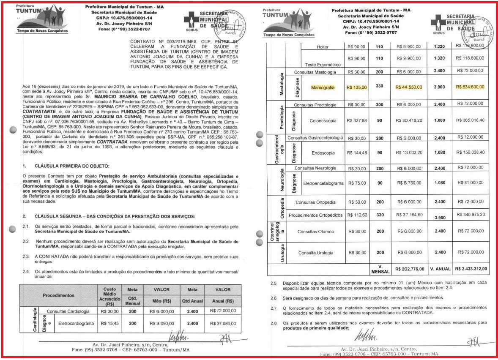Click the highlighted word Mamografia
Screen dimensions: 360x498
[x=323, y=87]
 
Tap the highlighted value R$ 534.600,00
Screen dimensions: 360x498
[x=470, y=87]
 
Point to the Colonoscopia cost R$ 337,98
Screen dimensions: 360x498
[x=356, y=120]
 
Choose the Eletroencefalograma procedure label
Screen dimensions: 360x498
[x=323, y=183]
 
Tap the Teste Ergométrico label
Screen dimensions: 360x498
[x=323, y=65]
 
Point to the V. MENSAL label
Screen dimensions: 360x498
[x=379, y=268]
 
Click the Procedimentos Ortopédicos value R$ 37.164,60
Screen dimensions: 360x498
[x=408, y=215]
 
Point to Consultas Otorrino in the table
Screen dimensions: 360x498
[x=316, y=232]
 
